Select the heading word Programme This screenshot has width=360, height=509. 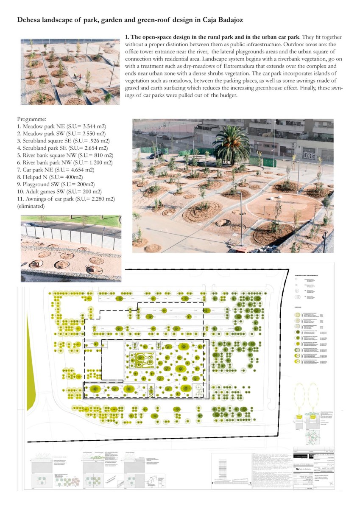click(x=32, y=120)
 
